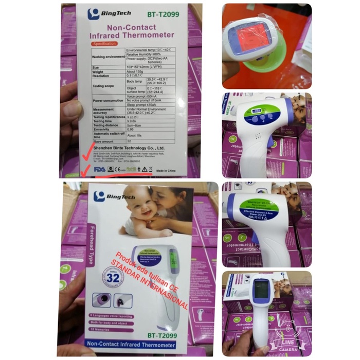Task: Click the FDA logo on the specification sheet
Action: pos(99,168)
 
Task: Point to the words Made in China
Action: pos(164,168)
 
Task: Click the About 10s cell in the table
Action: pos(135,135)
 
